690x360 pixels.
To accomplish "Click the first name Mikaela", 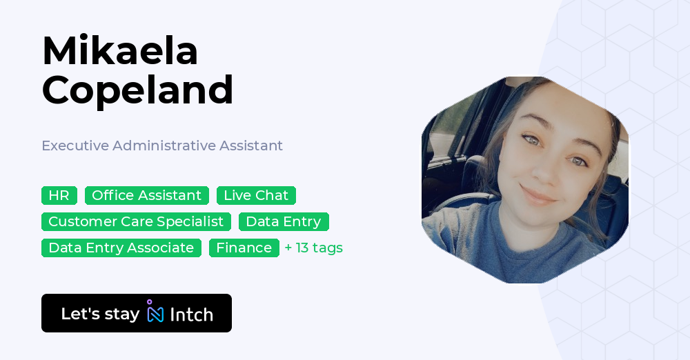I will (120, 50).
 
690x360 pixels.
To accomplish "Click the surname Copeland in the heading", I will (137, 90).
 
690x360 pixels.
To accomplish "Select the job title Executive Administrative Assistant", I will (162, 146).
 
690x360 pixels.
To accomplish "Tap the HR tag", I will (59, 195).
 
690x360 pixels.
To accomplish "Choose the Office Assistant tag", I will (146, 195).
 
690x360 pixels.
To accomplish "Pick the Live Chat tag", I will (256, 195).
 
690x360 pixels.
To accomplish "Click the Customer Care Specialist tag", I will (136, 221).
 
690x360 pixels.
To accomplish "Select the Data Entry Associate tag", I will (121, 248).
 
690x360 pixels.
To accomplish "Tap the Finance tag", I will (244, 248).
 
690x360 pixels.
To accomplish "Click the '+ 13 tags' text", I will (314, 248).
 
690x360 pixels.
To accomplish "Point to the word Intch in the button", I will (191, 314).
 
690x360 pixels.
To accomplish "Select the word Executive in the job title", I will (75, 146).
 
